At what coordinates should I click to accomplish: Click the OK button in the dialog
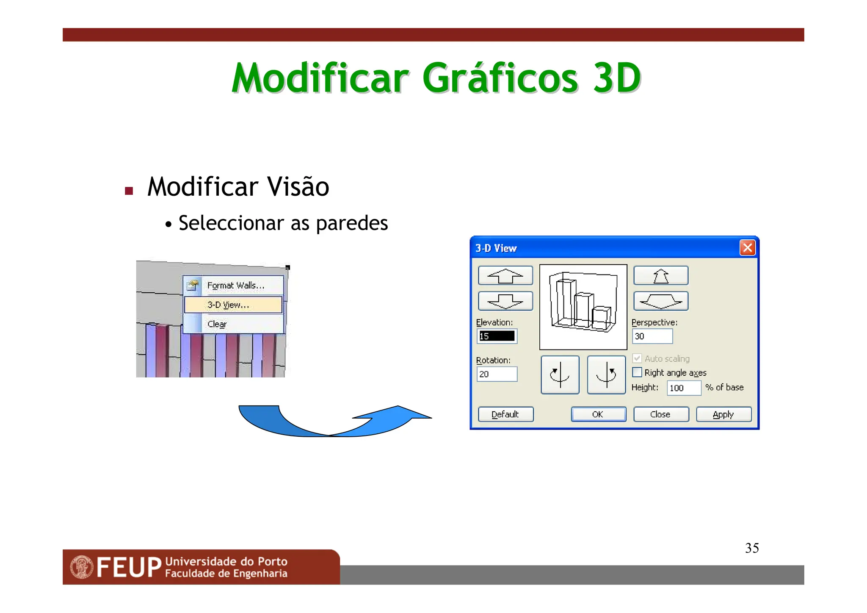(598, 414)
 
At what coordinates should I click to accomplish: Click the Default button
(505, 414)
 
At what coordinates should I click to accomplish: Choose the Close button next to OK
(660, 414)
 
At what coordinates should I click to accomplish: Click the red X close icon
(748, 247)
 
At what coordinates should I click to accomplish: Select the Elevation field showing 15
(497, 336)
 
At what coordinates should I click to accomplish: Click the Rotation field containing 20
(497, 374)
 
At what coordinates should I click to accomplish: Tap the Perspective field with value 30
(652, 336)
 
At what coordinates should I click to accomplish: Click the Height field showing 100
(683, 388)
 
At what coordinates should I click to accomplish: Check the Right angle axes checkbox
(637, 372)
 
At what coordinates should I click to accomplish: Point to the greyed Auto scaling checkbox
(637, 358)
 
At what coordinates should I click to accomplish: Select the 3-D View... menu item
(233, 305)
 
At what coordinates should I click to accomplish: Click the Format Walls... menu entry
(235, 286)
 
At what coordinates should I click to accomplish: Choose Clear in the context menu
(217, 324)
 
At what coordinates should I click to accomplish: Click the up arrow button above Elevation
(505, 276)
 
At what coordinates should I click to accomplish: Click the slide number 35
(752, 548)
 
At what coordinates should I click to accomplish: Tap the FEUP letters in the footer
(129, 567)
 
